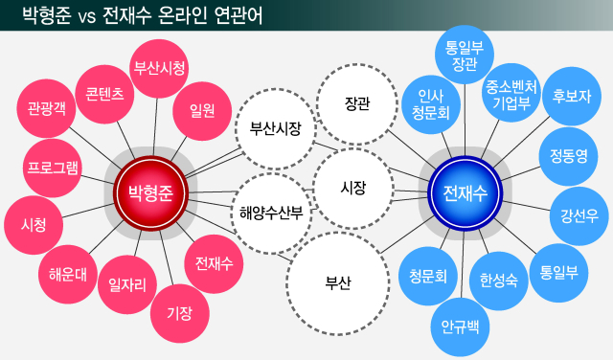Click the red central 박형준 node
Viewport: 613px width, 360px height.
click(x=150, y=191)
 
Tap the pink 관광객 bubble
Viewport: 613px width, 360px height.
click(x=48, y=107)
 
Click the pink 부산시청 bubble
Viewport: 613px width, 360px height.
click(x=158, y=68)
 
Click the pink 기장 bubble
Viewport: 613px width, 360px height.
click(x=179, y=311)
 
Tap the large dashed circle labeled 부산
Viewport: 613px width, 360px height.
click(x=338, y=282)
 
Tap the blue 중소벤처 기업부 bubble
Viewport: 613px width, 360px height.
click(x=511, y=94)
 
